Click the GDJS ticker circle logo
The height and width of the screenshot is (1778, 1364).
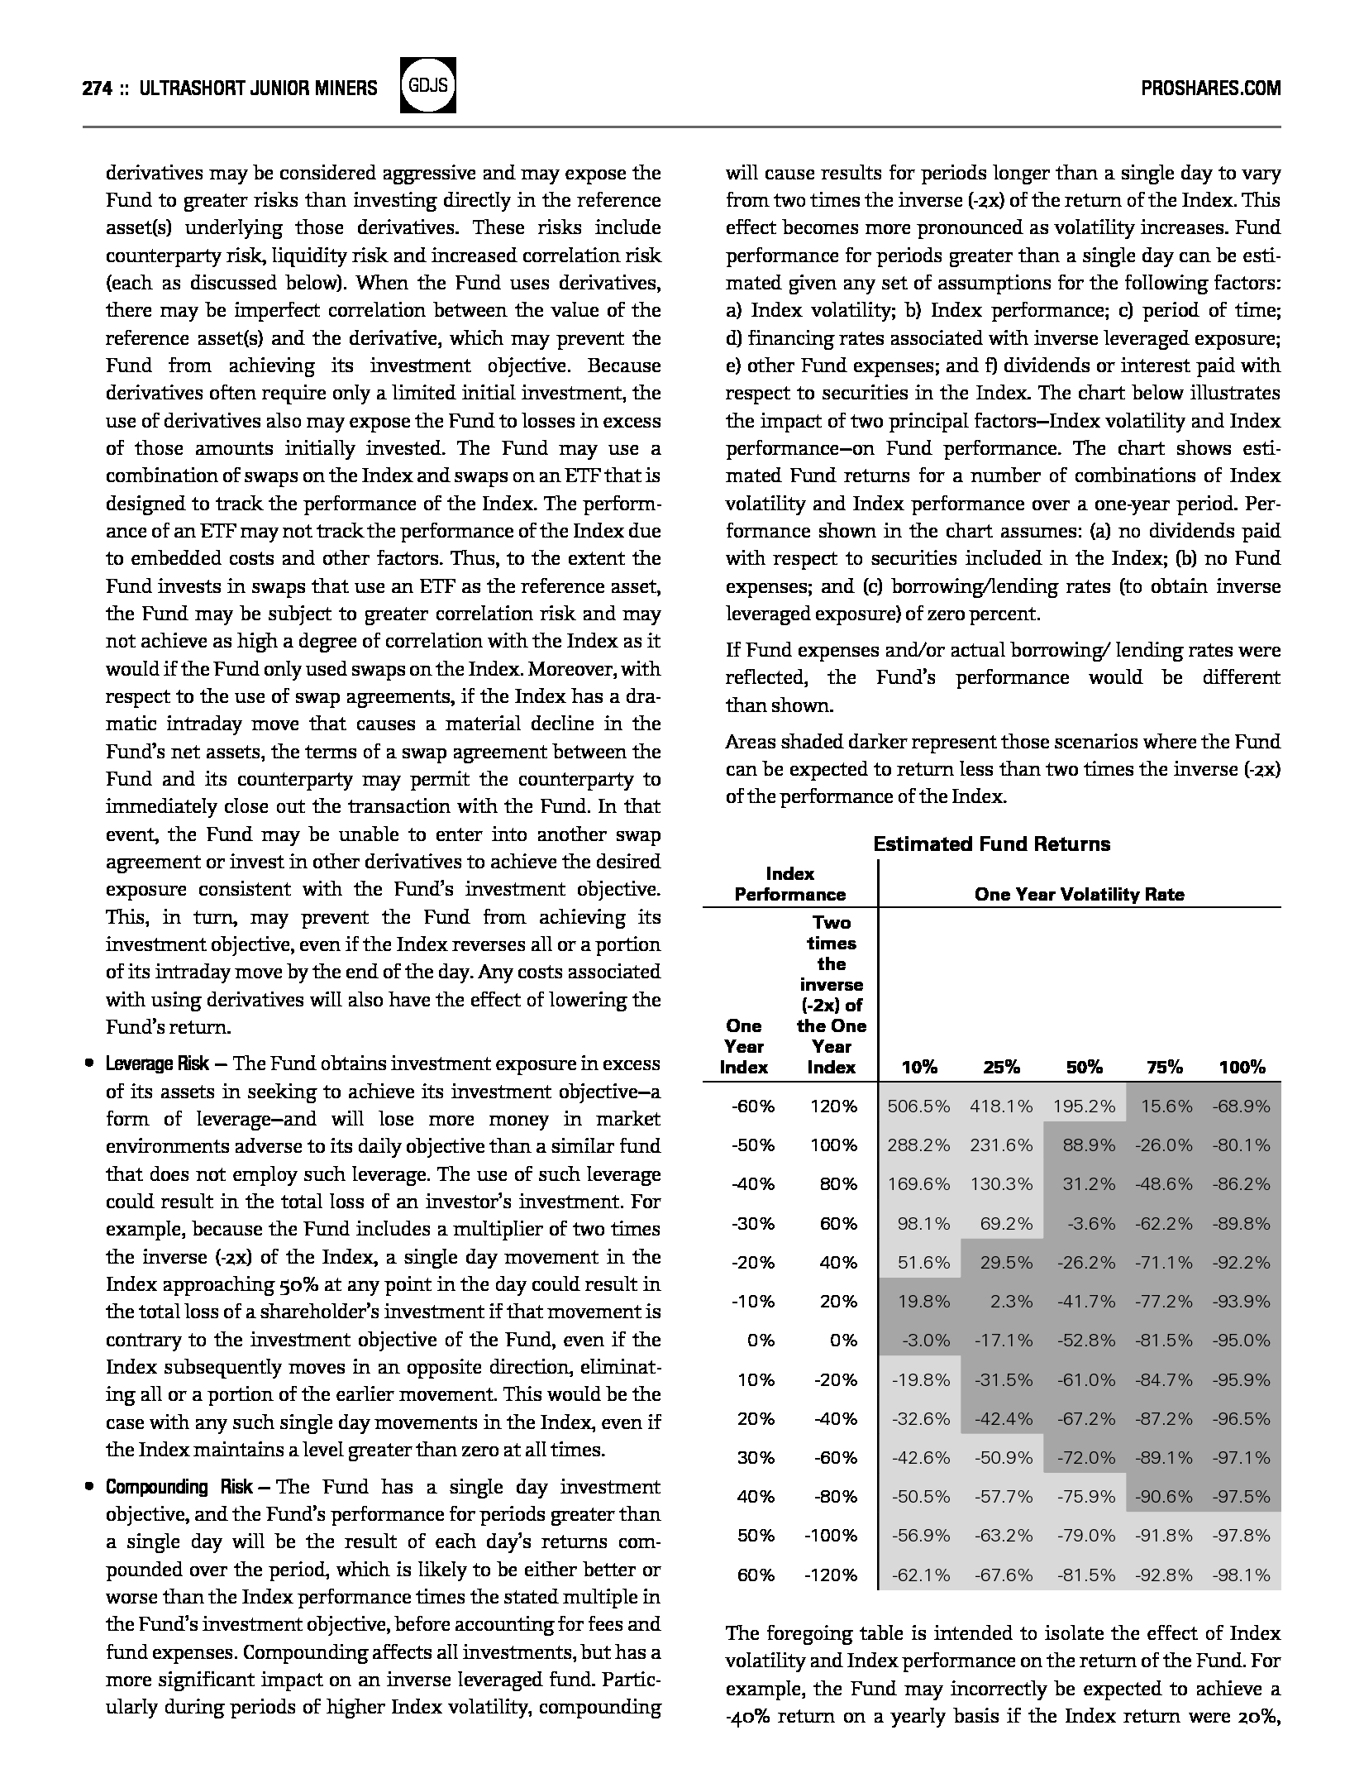427,86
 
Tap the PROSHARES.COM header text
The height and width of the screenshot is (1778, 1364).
1210,88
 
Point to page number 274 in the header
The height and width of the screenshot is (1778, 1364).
97,88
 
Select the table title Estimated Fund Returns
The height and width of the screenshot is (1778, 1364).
991,844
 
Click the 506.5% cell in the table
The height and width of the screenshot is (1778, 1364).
918,1106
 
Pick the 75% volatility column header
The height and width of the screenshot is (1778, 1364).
1164,1067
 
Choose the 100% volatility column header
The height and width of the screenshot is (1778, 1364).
1242,1067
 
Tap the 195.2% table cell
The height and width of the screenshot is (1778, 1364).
1084,1106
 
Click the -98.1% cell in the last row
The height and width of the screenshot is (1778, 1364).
1241,1575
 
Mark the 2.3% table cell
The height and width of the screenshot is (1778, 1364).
1011,1301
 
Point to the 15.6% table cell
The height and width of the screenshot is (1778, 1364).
1166,1106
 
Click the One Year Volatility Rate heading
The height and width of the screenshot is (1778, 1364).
1079,894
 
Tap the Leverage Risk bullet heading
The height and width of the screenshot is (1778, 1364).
157,1063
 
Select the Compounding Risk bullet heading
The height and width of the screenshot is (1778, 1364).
179,1487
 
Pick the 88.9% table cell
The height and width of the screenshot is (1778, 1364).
1089,1145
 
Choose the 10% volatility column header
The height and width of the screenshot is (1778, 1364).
919,1067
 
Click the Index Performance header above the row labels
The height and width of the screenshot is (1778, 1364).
790,884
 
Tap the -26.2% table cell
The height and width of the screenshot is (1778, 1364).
1085,1262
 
